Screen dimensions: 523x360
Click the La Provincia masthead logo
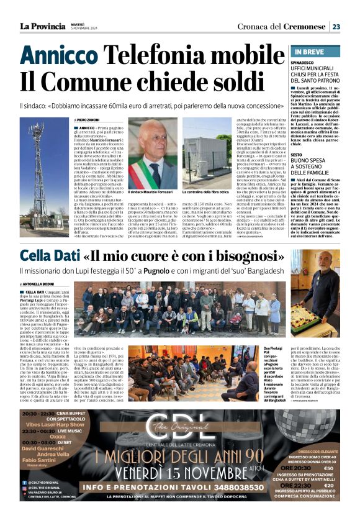click(42, 26)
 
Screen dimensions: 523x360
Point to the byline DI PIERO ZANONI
click(91, 119)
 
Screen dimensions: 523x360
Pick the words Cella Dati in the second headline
click(47, 257)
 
